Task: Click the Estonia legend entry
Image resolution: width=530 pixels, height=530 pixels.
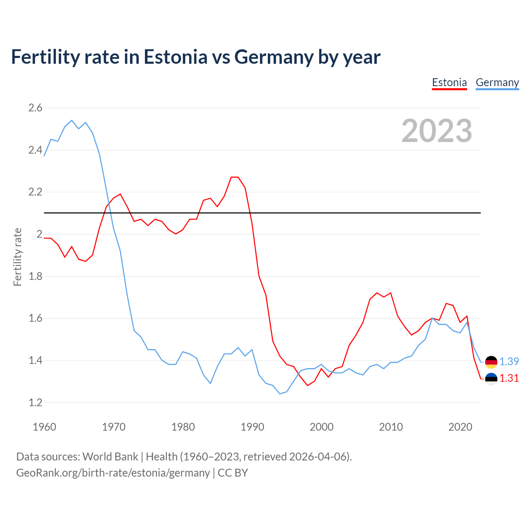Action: [x=449, y=82]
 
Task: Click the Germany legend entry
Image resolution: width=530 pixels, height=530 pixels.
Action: [x=497, y=82]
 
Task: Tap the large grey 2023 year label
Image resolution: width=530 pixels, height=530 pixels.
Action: [x=436, y=131]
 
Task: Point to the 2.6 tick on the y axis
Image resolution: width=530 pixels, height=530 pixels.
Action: [x=35, y=108]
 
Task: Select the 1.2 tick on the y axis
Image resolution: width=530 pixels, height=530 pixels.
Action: [x=35, y=402]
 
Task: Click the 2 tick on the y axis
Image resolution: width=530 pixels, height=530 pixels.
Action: [x=39, y=234]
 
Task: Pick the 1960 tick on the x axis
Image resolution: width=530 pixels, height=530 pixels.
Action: [x=44, y=427]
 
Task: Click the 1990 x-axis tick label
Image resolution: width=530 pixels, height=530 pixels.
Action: [x=252, y=427]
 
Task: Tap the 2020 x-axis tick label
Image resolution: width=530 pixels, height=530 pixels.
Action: [x=460, y=427]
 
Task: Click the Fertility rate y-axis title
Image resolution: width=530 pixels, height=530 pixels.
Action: [x=17, y=257]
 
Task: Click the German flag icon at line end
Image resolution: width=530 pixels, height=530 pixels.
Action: [x=491, y=362]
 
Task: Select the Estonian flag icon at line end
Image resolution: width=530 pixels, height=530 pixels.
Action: [x=491, y=379]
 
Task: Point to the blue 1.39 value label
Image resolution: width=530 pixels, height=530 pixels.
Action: [x=509, y=361]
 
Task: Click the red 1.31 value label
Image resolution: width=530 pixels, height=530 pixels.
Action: [x=509, y=378]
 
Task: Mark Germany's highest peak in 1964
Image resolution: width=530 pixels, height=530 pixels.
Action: [x=72, y=120]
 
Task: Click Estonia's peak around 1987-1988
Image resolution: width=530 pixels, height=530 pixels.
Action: [x=234, y=177]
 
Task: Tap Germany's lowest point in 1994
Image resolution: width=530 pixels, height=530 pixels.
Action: [x=280, y=394]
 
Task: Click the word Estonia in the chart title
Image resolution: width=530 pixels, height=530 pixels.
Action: [x=175, y=57]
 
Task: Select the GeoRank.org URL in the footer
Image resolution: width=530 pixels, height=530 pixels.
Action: [x=113, y=473]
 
